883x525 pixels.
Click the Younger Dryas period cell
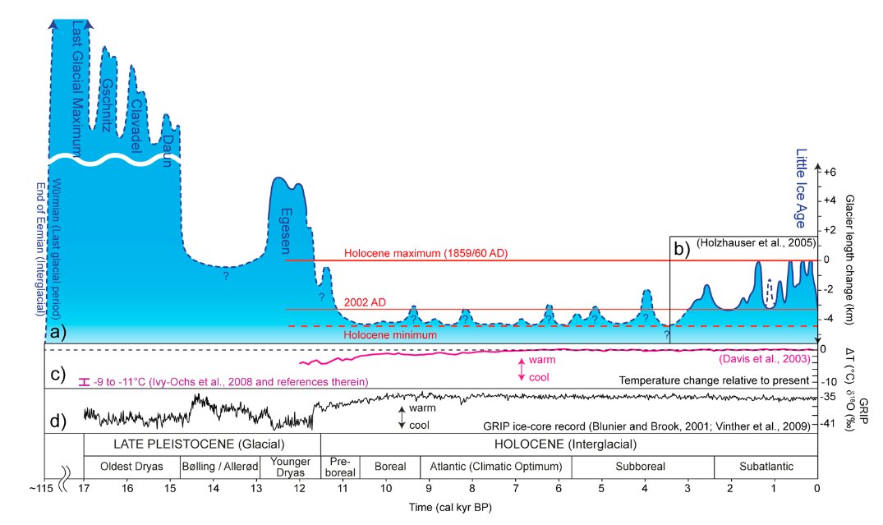(289, 466)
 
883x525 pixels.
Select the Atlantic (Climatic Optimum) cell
(495, 467)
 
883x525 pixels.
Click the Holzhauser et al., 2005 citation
(755, 244)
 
